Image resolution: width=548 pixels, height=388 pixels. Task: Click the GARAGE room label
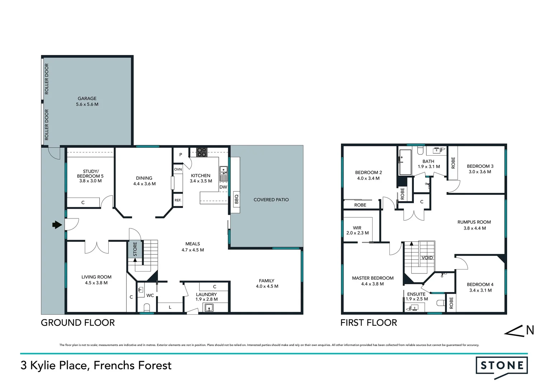pos(87,98)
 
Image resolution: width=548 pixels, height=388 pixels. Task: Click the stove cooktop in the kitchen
pos(202,152)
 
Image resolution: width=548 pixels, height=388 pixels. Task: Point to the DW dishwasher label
pos(223,187)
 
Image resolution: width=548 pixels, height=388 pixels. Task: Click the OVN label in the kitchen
pos(178,169)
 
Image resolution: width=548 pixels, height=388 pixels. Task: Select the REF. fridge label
pos(178,200)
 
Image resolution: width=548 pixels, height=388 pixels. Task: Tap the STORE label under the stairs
pos(135,249)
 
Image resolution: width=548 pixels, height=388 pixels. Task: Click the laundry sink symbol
pos(208,308)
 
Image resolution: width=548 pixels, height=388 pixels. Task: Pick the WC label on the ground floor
pos(150,295)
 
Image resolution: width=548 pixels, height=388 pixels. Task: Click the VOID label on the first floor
pos(427,258)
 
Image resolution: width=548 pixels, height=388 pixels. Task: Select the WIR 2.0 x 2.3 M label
pos(357,230)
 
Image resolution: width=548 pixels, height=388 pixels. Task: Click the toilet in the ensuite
pos(440,303)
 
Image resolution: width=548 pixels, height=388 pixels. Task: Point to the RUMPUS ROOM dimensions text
pos(474,228)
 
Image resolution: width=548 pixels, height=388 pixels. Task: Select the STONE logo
pos(502,366)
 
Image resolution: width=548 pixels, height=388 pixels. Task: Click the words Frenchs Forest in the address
pos(132,366)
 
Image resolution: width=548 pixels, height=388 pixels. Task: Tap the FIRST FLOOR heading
pos(368,323)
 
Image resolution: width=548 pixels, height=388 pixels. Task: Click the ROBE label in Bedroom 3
pos(453,163)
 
